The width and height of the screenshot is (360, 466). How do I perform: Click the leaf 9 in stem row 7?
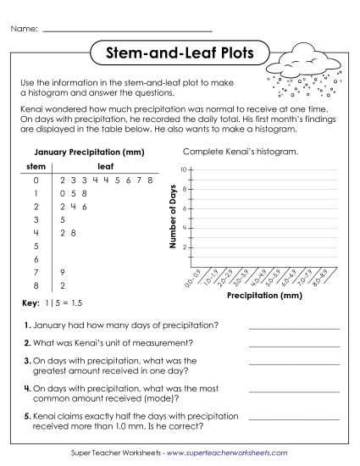62,272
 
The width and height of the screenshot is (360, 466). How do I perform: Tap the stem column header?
36,167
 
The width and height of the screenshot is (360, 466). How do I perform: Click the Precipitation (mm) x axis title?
264,297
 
